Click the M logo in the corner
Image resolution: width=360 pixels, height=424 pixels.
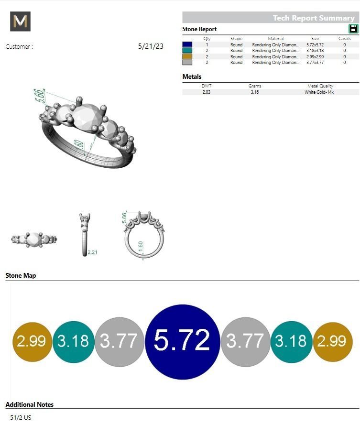point(20,22)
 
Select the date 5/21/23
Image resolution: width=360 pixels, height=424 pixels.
point(151,46)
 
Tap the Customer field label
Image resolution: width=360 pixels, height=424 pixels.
point(19,47)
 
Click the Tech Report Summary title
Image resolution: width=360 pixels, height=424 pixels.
point(313,18)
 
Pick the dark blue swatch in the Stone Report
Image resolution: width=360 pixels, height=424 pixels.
point(187,44)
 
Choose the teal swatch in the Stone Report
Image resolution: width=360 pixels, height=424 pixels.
point(187,50)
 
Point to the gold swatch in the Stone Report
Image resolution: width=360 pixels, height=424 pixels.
point(187,56)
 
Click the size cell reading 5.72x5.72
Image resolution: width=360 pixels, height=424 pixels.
point(315,44)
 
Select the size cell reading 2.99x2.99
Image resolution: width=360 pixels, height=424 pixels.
point(315,56)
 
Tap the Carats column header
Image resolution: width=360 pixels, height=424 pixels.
point(344,39)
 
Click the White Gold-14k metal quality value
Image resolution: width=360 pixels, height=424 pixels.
point(319,92)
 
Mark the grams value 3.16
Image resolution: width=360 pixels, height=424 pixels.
point(255,92)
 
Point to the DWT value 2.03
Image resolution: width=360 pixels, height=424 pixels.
point(206,92)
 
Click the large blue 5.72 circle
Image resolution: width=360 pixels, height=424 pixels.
point(182,341)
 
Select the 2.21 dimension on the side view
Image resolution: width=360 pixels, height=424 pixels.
point(93,252)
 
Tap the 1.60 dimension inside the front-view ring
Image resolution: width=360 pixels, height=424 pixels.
point(140,246)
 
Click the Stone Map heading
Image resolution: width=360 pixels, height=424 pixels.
point(21,275)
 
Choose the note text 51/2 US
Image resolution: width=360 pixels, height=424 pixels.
point(21,417)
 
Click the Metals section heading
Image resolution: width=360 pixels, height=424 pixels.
point(192,76)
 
